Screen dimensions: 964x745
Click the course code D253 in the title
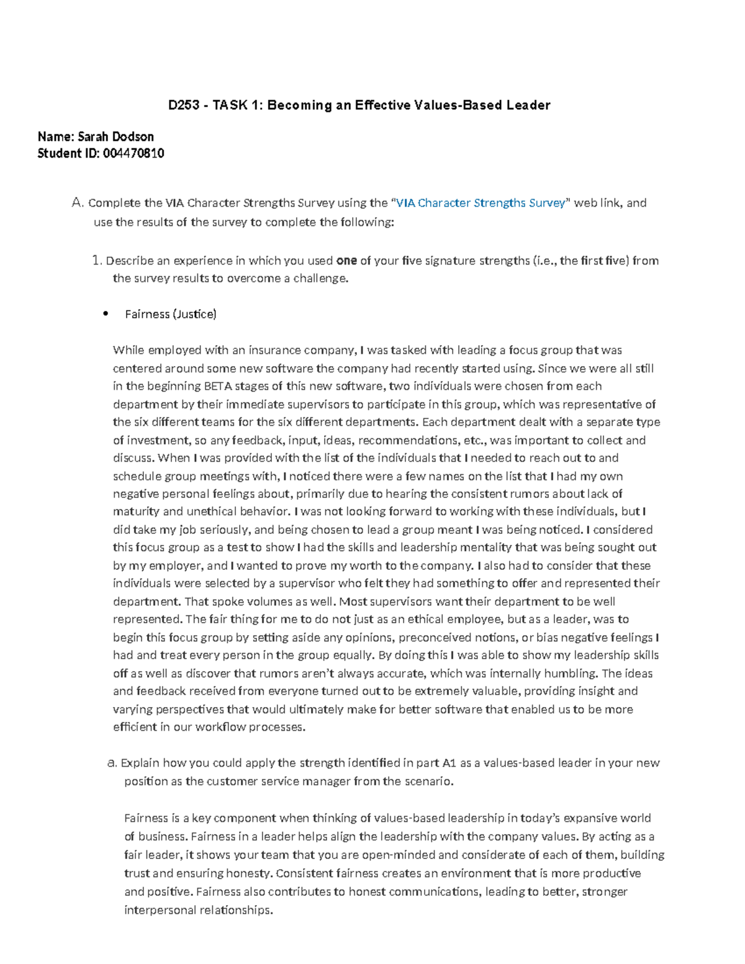184,106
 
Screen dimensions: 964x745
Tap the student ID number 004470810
132,153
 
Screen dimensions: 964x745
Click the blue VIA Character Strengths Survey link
481,203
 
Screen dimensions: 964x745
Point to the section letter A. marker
77,203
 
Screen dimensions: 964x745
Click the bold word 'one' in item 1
346,261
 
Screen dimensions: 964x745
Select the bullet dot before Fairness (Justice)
106,314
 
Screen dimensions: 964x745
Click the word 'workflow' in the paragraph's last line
220,728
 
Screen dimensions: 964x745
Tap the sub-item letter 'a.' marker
112,764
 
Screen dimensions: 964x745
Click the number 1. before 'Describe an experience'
96,261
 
